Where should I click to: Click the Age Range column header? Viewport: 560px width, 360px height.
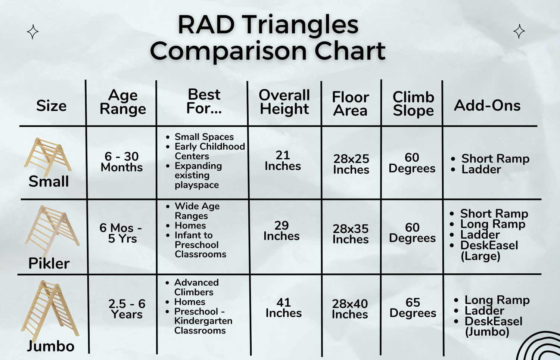click(x=123, y=102)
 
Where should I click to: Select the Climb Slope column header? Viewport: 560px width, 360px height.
click(x=413, y=103)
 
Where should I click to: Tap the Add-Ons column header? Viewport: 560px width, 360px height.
click(x=487, y=105)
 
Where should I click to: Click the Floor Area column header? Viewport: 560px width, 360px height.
click(x=351, y=103)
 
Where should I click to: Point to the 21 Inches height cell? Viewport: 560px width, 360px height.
click(x=283, y=161)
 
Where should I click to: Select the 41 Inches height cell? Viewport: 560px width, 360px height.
click(x=283, y=307)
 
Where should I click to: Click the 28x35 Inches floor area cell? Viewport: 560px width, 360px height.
click(x=351, y=234)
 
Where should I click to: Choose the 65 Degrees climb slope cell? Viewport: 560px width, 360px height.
click(x=413, y=307)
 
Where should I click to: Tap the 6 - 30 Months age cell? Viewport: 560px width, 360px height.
click(x=122, y=162)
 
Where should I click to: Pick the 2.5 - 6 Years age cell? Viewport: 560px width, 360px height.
click(x=127, y=309)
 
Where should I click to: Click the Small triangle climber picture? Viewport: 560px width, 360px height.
click(x=48, y=157)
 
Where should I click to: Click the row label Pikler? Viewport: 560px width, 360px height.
click(x=49, y=263)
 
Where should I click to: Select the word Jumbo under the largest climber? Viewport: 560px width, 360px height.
click(x=50, y=347)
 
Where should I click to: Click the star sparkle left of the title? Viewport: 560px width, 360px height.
click(x=33, y=32)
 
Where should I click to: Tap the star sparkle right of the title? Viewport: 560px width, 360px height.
click(x=519, y=31)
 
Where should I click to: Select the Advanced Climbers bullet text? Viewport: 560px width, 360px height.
click(x=196, y=287)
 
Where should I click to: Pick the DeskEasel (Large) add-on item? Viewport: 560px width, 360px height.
click(x=489, y=251)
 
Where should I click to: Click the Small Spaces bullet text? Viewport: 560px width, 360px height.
click(x=204, y=137)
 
